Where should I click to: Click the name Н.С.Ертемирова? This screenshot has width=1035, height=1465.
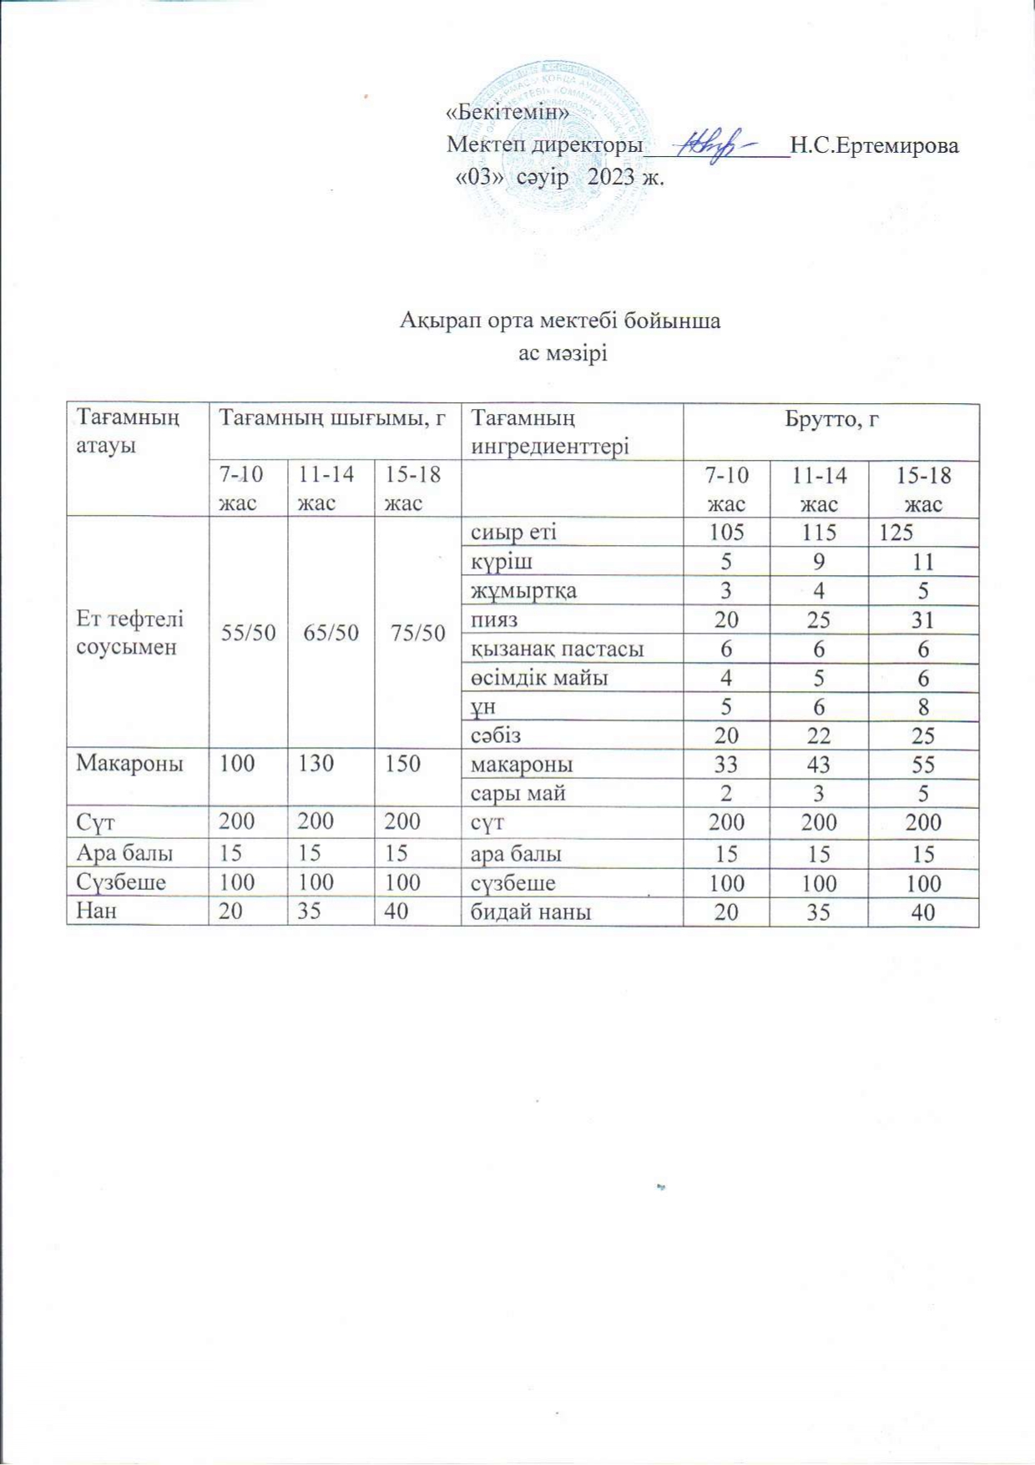point(874,146)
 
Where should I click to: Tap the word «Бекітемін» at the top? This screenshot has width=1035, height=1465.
point(507,112)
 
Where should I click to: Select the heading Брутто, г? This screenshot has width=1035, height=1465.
point(831,420)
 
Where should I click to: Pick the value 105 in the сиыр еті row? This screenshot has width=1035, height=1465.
point(726,533)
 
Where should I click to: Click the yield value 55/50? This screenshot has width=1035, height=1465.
point(248,632)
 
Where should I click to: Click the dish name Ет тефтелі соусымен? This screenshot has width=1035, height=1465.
point(130,632)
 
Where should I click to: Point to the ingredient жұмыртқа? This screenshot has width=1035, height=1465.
point(523,591)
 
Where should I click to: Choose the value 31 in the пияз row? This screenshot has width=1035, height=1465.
point(922,620)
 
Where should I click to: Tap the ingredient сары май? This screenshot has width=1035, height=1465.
point(518,793)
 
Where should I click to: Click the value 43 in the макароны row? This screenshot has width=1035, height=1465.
point(819,765)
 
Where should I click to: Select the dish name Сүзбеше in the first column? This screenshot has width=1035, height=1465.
point(121,882)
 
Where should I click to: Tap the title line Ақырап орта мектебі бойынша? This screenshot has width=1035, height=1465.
point(560,321)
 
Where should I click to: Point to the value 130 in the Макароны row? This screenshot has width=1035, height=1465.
point(316,764)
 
